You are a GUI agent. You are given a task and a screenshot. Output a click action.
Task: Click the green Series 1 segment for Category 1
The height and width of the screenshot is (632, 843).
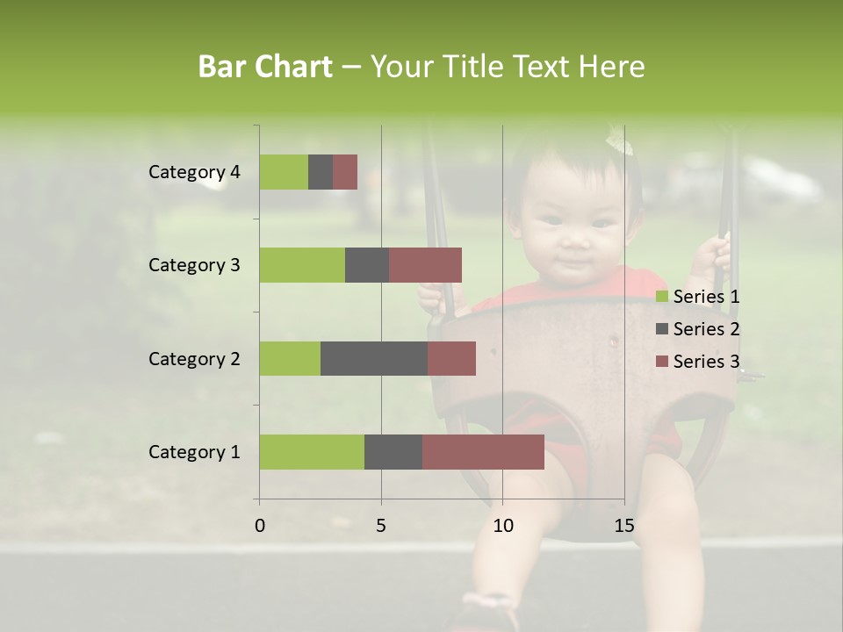coord(312,452)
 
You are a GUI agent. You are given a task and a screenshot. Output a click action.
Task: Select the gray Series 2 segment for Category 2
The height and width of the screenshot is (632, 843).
coord(374,358)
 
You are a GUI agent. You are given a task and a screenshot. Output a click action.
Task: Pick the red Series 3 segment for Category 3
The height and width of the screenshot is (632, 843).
coord(425,265)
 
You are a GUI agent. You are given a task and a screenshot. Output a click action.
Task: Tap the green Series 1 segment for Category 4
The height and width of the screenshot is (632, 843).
coord(284,172)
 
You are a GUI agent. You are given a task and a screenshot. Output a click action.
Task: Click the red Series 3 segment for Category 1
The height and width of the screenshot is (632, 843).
coord(483,452)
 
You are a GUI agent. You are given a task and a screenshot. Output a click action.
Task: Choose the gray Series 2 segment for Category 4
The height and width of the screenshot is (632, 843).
coord(321,172)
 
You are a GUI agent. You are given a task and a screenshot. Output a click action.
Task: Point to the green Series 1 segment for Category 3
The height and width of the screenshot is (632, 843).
coord(302,265)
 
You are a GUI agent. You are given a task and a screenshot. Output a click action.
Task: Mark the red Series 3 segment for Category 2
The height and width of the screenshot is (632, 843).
coord(451,358)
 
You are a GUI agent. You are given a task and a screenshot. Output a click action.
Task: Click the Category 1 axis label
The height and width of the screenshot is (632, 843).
coord(194,452)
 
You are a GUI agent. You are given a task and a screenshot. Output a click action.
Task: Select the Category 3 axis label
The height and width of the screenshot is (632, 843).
coord(194,265)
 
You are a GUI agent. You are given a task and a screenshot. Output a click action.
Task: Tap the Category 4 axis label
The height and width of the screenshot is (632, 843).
coord(194,172)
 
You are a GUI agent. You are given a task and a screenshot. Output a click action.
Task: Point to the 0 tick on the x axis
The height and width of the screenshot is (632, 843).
coord(260,526)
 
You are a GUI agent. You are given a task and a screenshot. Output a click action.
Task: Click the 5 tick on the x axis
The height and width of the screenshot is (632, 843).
coord(381,526)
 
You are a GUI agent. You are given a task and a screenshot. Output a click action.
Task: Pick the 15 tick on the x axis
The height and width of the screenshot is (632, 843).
coord(623,526)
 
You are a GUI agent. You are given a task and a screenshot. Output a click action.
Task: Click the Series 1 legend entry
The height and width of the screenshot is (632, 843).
coord(698,297)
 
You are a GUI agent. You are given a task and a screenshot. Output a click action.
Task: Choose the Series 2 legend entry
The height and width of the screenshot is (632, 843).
coord(698,329)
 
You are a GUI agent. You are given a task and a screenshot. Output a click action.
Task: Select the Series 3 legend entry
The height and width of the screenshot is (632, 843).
coord(698,362)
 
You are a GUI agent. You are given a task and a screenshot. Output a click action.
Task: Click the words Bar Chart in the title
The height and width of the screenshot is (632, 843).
coord(265,66)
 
